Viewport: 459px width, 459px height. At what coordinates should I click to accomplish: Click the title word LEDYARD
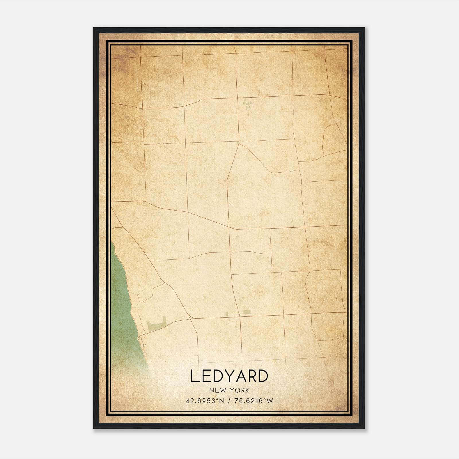(x=229, y=376)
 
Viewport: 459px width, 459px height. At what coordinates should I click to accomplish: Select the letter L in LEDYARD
(x=195, y=376)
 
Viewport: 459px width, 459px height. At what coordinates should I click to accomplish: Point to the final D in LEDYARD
(x=263, y=376)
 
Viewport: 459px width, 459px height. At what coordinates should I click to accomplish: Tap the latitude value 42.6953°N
(x=205, y=401)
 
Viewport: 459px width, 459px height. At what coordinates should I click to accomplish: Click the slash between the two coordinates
(x=229, y=401)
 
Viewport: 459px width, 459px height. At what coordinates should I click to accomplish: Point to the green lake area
(x=122, y=301)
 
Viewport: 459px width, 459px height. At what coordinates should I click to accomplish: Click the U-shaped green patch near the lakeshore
(x=157, y=324)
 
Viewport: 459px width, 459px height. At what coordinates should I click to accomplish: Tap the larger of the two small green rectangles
(x=247, y=312)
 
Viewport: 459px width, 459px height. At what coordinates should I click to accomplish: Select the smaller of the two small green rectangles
(x=227, y=314)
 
